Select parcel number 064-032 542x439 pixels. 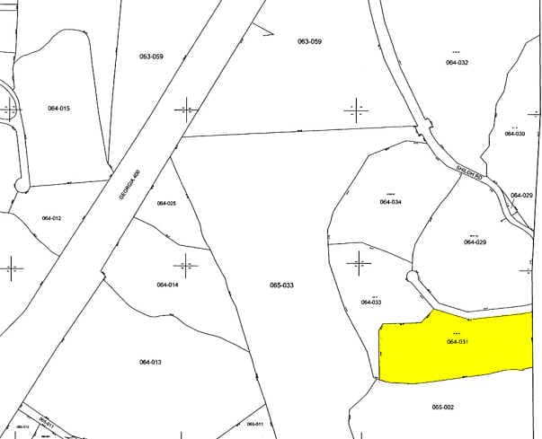pyautogui.click(x=457, y=62)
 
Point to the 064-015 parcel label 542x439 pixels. pyautogui.click(x=58, y=108)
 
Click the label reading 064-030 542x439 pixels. pyautogui.click(x=514, y=133)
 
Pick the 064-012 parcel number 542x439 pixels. pyautogui.click(x=51, y=218)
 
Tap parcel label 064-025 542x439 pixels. pyautogui.click(x=166, y=203)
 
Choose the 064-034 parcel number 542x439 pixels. pyautogui.click(x=390, y=202)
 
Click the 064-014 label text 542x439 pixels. pyautogui.click(x=167, y=285)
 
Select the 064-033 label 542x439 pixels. pyautogui.click(x=371, y=303)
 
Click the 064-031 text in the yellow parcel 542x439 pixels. pyautogui.click(x=458, y=341)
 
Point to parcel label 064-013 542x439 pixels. pyautogui.click(x=150, y=362)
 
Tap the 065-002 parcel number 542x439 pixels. pyautogui.click(x=442, y=407)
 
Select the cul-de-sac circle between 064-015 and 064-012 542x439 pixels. pyautogui.click(x=22, y=186)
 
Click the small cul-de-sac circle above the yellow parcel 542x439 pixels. pyautogui.click(x=412, y=276)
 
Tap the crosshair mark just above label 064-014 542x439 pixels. pyautogui.click(x=186, y=265)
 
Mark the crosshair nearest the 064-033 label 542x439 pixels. pyautogui.click(x=359, y=263)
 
